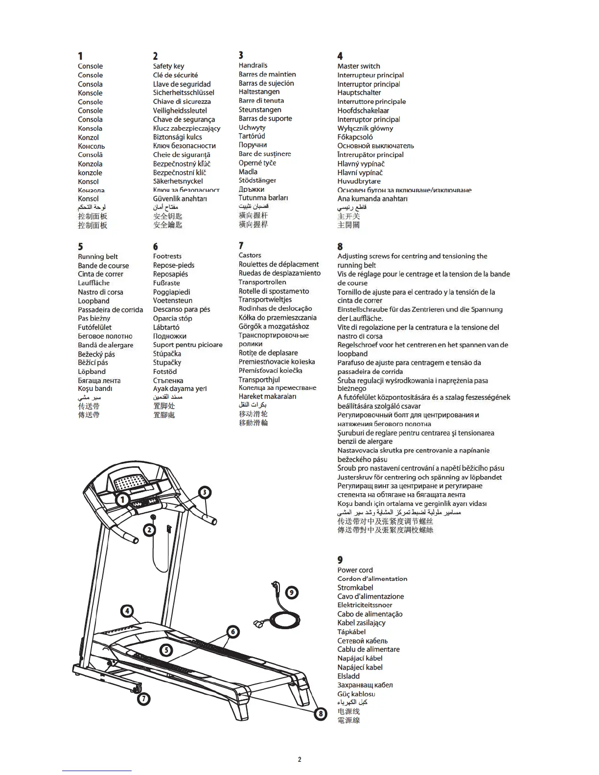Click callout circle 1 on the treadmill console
coord(123,500)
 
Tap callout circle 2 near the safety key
coord(149,530)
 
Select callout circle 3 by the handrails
coord(204,492)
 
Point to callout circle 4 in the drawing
coord(127,611)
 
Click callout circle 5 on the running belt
coord(166,650)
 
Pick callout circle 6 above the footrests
coord(233,632)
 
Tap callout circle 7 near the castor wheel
coord(144,699)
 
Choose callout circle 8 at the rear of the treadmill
coord(321,713)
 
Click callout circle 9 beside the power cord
coord(292,593)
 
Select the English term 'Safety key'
coord(168,66)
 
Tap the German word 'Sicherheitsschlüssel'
coord(184,92)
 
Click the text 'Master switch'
coord(358,66)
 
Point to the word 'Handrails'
coord(253,65)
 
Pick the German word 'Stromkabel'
coord(355,588)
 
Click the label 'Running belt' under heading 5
coord(98,256)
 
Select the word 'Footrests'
coord(167,256)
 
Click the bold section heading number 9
coord(340,560)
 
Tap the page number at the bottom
coord(299,759)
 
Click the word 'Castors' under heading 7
coord(250,255)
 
